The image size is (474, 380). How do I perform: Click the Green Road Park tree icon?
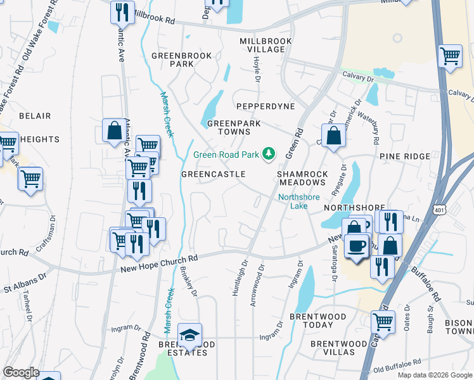coord(269,153)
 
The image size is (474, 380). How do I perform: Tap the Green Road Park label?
coord(227,154)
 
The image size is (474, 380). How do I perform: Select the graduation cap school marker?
coord(189,336)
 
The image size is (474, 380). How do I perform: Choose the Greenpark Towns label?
coord(225,128)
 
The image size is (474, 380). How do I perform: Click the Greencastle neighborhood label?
coord(214,174)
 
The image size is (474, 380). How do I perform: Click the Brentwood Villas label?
coord(333,348)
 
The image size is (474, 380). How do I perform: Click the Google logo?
coord(21,372)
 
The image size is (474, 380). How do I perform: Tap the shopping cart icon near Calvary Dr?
coord(450,56)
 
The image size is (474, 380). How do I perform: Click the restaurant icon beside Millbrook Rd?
coord(120,11)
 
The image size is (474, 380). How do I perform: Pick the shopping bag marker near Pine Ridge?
coord(333,135)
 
